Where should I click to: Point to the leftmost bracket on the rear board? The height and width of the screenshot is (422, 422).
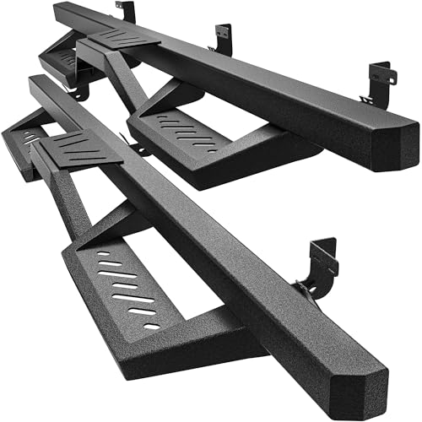pyautogui.click(x=127, y=12)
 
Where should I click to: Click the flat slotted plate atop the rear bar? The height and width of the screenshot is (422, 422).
pyautogui.click(x=125, y=38)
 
